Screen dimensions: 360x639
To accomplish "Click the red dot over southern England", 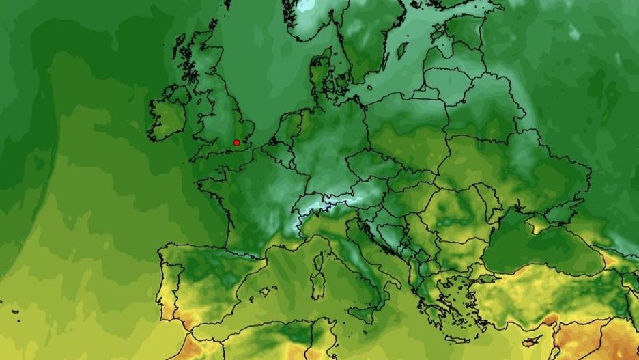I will [236, 142].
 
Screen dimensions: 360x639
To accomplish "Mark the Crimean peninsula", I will [539, 223].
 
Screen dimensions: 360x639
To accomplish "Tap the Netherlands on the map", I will [287, 130].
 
